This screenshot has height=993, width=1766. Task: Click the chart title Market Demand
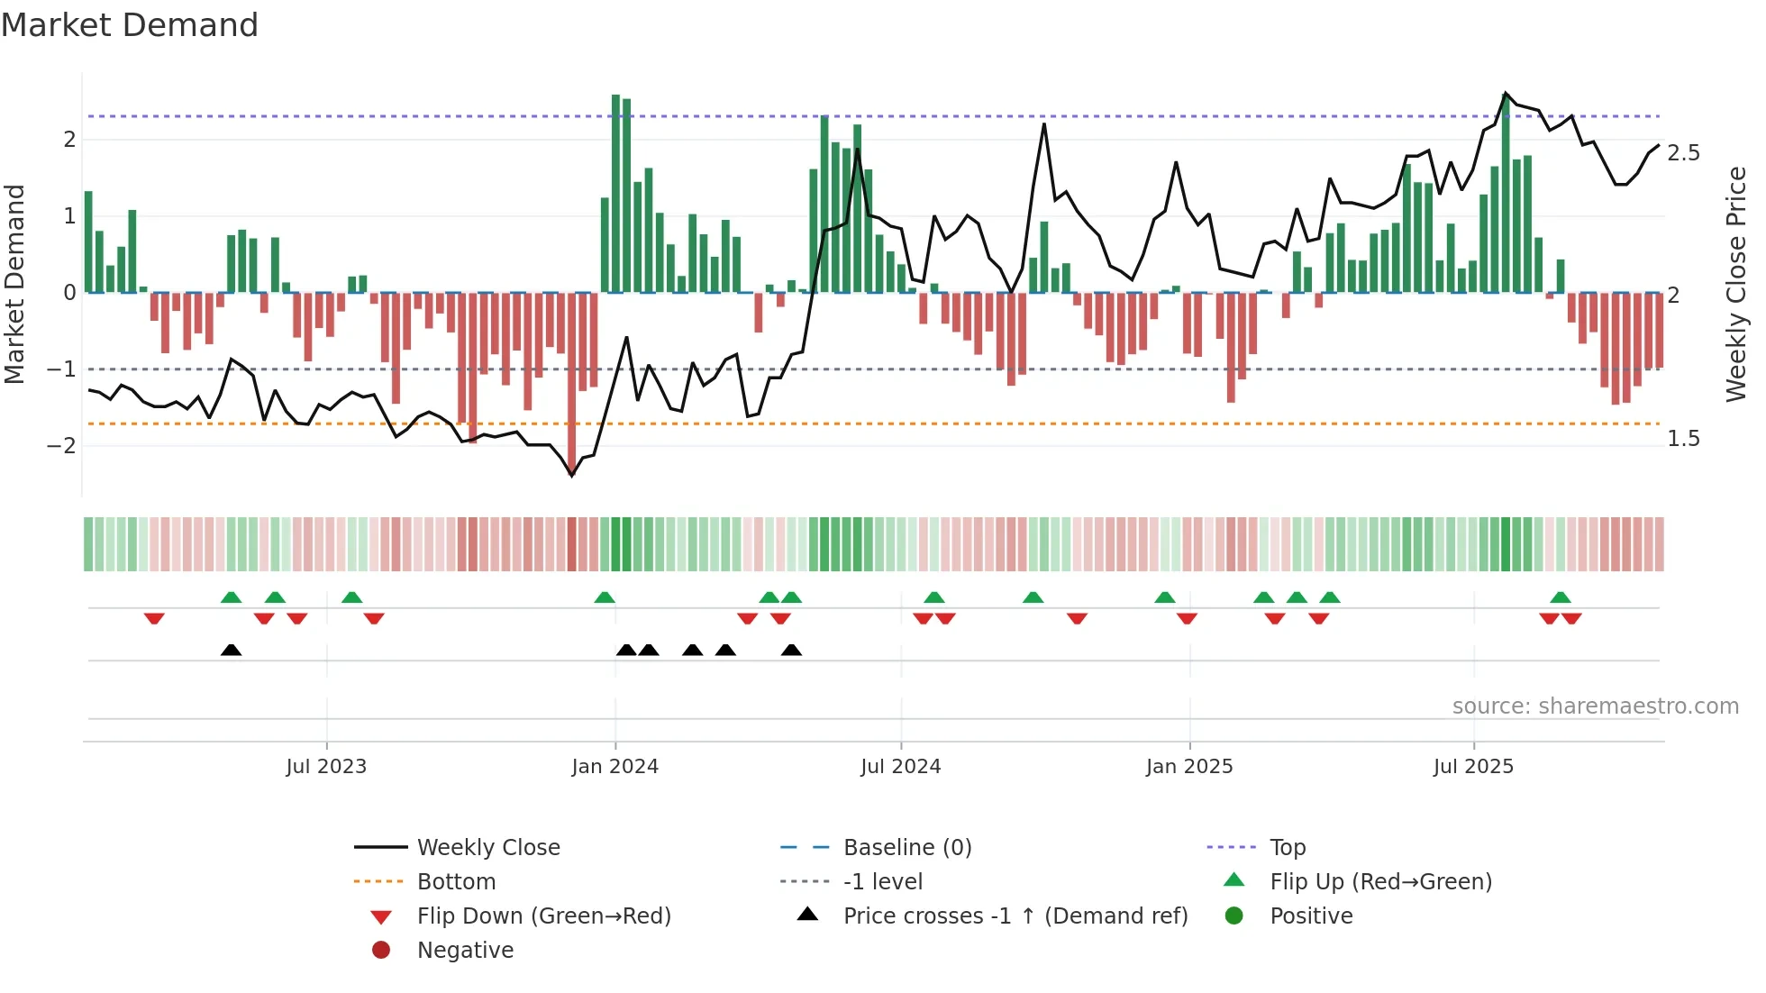pyautogui.click(x=130, y=25)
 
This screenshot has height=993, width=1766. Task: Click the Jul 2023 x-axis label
pyautogui.click(x=326, y=767)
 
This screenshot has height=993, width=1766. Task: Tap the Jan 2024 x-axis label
pyautogui.click(x=615, y=767)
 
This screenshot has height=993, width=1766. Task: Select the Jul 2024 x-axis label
pyautogui.click(x=900, y=767)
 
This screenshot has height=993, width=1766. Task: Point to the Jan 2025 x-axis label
pyautogui.click(x=1189, y=767)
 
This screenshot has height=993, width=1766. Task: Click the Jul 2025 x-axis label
pyautogui.click(x=1473, y=767)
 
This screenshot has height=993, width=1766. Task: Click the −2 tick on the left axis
pyautogui.click(x=61, y=446)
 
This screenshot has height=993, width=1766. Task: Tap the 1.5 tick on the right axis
pyautogui.click(x=1683, y=439)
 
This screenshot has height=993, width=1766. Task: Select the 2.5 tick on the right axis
pyautogui.click(x=1683, y=153)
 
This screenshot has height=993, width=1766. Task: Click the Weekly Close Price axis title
pyautogui.click(x=1736, y=284)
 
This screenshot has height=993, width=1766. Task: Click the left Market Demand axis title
pyautogui.click(x=15, y=284)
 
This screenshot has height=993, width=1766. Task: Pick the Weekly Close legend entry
pyautogui.click(x=487, y=848)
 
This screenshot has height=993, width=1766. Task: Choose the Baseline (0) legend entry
pyautogui.click(x=906, y=848)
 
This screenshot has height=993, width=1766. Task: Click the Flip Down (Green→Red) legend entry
pyautogui.click(x=543, y=916)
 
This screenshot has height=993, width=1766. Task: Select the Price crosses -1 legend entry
pyautogui.click(x=1015, y=916)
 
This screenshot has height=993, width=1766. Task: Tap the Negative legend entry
pyautogui.click(x=465, y=951)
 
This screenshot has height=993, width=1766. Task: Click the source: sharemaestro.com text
pyautogui.click(x=1595, y=706)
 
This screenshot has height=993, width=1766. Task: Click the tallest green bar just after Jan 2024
pyautogui.click(x=616, y=193)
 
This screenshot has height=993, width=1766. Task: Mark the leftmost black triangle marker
pyautogui.click(x=231, y=651)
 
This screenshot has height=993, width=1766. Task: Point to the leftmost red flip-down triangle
pyautogui.click(x=154, y=618)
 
